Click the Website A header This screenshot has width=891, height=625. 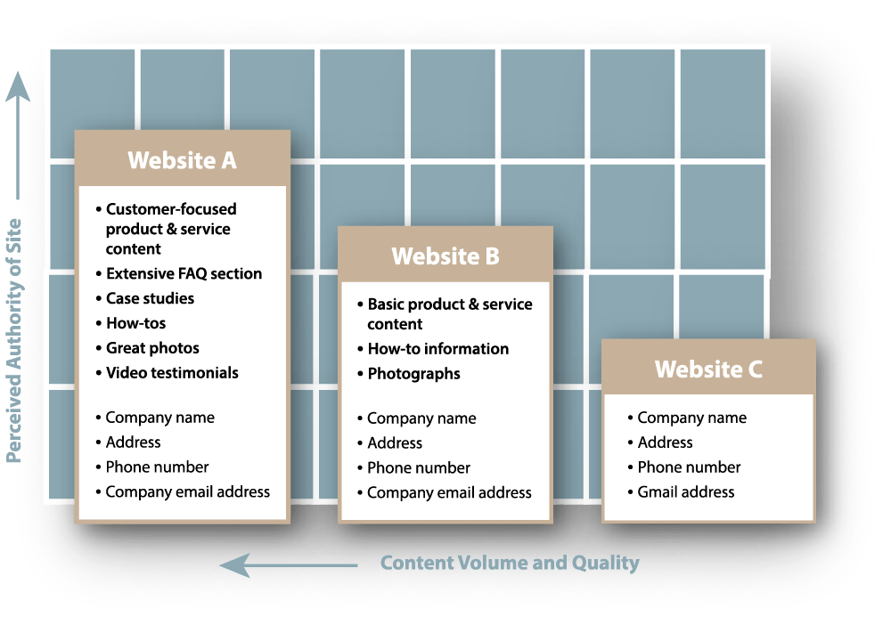point(182,160)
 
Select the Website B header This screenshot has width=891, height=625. point(445,256)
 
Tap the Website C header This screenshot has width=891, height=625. point(708,369)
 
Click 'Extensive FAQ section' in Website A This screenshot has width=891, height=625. point(184,273)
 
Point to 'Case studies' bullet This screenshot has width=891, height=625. point(150,298)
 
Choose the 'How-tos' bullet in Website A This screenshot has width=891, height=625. point(135,323)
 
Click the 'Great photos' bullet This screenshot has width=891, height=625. point(152,348)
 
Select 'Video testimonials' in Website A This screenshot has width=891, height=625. point(172,373)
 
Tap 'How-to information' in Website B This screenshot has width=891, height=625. point(438,349)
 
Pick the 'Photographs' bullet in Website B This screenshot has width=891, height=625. point(413,374)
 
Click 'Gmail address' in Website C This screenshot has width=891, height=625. point(685,491)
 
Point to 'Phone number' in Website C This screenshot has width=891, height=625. point(689,467)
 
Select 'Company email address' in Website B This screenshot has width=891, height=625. point(449,492)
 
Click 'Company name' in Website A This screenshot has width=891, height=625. point(159,418)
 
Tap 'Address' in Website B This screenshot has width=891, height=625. point(395,442)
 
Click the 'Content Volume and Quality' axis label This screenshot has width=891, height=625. point(510,563)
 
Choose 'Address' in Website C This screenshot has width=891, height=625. point(665,442)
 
